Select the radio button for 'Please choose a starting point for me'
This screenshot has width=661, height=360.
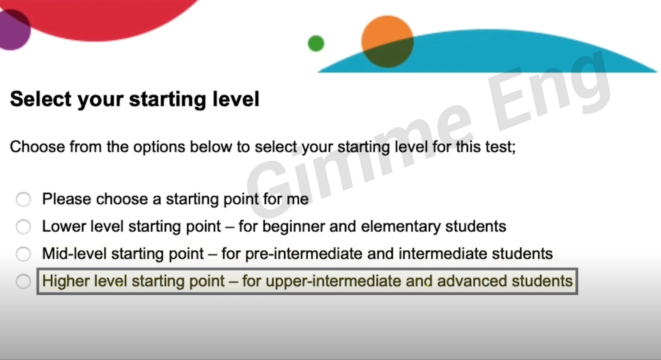tap(23, 199)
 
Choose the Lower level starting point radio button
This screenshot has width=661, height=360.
tap(23, 227)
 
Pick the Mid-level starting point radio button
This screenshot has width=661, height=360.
tap(23, 254)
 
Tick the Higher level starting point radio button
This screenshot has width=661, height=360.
tap(23, 281)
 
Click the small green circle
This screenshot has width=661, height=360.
tap(316, 43)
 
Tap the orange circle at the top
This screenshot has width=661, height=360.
tap(387, 41)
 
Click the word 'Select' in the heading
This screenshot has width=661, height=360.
tap(41, 99)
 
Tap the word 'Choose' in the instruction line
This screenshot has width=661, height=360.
tap(37, 147)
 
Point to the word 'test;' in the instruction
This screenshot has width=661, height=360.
tap(501, 147)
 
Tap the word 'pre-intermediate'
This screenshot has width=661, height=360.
tap(304, 254)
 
